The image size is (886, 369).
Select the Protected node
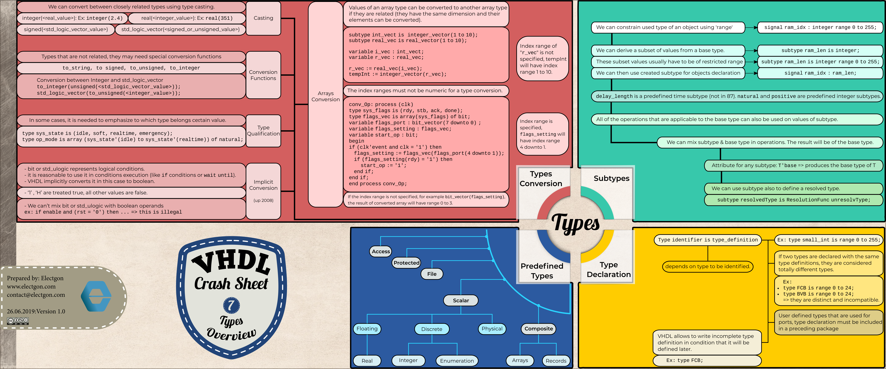point(407,263)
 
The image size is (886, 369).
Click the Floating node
point(367,329)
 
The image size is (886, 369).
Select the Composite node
point(539,329)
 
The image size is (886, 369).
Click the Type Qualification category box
point(263,131)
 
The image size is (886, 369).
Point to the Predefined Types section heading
point(542,271)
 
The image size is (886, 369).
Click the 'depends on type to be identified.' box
point(707,266)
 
